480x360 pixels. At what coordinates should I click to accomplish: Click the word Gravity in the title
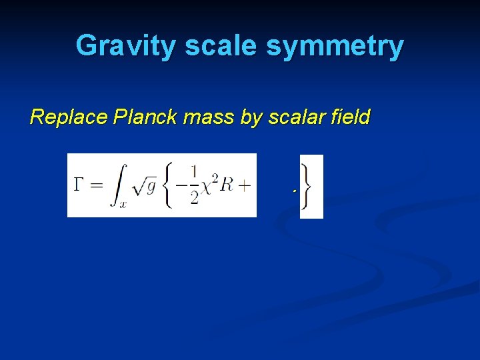[x=125, y=46]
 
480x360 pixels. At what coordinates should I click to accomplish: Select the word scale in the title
[x=221, y=46]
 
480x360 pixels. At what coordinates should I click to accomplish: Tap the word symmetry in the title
[x=335, y=46]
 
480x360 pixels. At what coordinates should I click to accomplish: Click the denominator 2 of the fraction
[x=194, y=198]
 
